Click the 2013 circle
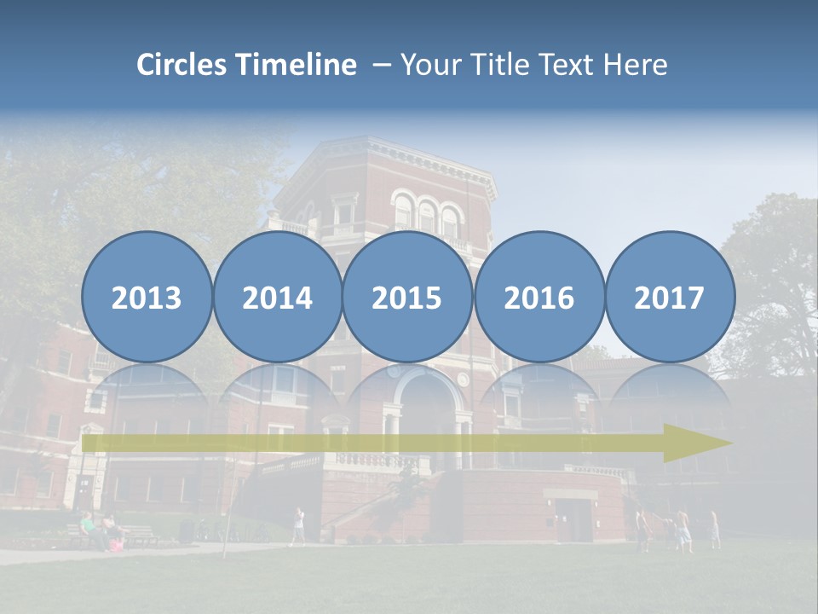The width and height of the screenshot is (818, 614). [147, 297]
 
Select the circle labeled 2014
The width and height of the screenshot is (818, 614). [277, 297]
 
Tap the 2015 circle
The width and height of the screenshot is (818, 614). [407, 297]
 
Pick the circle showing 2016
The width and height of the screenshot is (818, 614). [539, 297]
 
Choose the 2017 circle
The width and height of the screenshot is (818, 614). [669, 297]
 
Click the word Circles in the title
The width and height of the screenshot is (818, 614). [181, 65]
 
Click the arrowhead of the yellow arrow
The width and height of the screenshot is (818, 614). [699, 443]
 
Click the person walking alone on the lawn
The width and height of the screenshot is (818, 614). [297, 525]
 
